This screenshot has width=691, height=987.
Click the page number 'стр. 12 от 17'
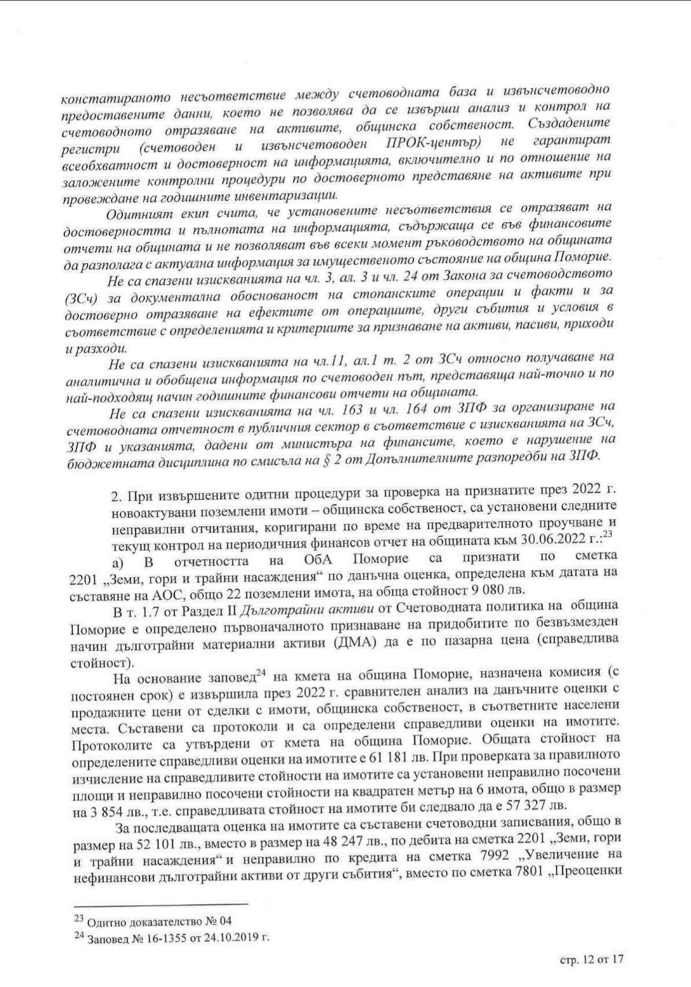[x=591, y=960]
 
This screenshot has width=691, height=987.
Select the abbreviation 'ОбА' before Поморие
[x=322, y=559]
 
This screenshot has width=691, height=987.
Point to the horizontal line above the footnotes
[x=161, y=903]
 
